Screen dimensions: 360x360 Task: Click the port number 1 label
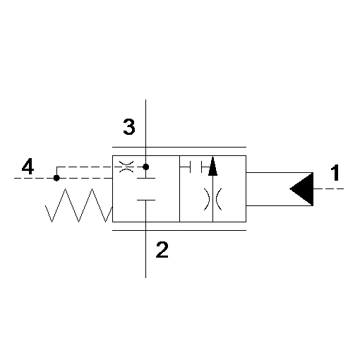tap(335, 173)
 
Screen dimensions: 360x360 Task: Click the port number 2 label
tap(162, 249)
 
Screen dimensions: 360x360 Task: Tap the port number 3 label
tap(129, 126)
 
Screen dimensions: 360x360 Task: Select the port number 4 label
tap(28, 166)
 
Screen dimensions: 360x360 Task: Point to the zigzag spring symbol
tap(78, 205)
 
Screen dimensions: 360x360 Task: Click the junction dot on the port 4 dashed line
tap(56, 178)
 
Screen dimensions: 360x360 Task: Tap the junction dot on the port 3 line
tap(146, 167)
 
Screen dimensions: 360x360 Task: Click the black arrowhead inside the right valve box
tap(212, 167)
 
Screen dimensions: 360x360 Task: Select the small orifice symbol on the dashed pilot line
tap(126, 167)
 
